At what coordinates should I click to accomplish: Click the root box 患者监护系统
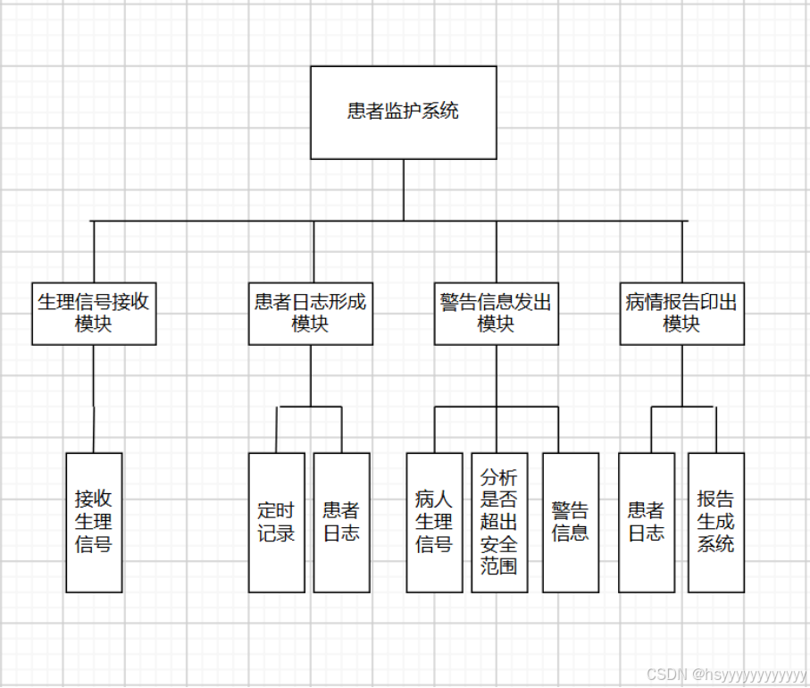[x=403, y=113]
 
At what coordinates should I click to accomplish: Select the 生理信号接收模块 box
[x=94, y=313]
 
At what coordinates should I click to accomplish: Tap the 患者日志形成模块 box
[x=310, y=313]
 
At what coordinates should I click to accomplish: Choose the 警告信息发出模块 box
[x=497, y=313]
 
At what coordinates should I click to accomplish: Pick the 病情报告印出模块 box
[x=681, y=313]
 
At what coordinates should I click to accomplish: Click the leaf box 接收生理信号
[x=94, y=522]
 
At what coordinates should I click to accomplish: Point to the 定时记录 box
[x=276, y=522]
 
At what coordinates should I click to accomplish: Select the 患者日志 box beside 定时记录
[x=341, y=522]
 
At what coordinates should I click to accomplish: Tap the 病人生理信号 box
[x=434, y=522]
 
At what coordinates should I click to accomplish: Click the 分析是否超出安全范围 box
[x=499, y=522]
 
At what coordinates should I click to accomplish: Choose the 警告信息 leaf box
[x=570, y=522]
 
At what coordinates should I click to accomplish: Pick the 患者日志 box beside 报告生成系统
[x=646, y=522]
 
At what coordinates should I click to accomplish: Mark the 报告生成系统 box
[x=715, y=522]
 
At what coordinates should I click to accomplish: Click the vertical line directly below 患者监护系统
[x=403, y=189]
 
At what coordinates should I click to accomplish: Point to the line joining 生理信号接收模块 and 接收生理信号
[x=94, y=399]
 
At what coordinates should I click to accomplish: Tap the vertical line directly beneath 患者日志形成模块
[x=311, y=375]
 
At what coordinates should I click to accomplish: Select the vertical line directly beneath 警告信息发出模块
[x=497, y=375]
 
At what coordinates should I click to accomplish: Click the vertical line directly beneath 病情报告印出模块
[x=682, y=375]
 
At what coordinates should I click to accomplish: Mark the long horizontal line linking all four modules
[x=268, y=220]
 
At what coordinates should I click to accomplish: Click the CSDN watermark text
[x=725, y=675]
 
